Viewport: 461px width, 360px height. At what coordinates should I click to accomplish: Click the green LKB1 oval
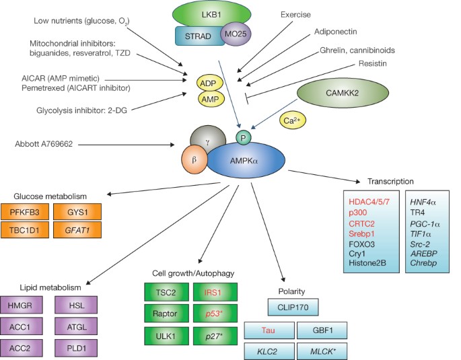211,14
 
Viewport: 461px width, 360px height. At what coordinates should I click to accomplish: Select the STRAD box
199,36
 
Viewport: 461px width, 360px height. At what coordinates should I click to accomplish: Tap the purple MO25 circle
236,34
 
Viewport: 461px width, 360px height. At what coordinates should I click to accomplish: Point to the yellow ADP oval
208,83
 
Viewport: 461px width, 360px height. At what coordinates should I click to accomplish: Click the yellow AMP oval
210,100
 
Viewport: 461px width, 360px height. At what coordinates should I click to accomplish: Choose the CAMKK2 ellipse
343,93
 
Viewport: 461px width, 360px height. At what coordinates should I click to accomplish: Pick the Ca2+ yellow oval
293,120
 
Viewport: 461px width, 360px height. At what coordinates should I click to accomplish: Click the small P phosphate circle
244,138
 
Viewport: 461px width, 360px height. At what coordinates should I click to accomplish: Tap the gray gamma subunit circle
208,141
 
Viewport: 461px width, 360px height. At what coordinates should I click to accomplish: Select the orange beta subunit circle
194,160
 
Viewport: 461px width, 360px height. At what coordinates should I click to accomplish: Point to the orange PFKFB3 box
25,212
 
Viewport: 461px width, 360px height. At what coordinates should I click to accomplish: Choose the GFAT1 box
77,230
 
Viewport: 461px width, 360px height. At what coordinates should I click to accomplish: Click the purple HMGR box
21,305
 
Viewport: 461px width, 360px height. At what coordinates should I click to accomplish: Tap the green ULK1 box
166,336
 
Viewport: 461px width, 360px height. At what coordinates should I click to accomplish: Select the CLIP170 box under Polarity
293,308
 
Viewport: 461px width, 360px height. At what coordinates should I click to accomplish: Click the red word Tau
268,330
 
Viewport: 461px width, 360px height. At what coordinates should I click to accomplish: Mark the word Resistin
373,63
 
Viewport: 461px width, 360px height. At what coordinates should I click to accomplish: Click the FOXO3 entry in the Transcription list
361,244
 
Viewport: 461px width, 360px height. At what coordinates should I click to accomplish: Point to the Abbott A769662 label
44,144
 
